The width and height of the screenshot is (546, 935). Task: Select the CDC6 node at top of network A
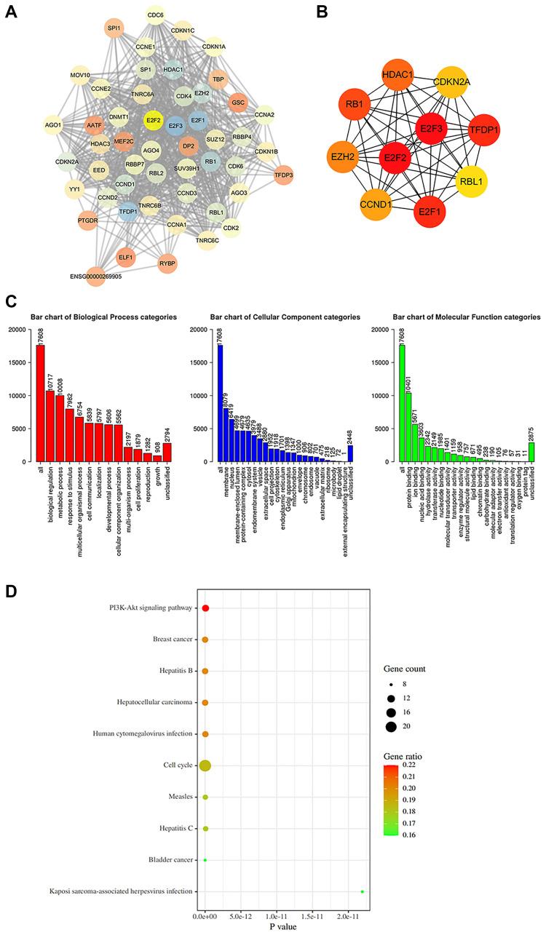click(155, 15)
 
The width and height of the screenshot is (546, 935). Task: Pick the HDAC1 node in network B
click(378, 77)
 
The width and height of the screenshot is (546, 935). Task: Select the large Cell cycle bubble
click(205, 765)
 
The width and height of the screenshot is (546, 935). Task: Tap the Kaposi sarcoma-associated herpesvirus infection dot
click(362, 891)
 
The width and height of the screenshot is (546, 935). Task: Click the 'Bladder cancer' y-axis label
click(167, 860)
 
